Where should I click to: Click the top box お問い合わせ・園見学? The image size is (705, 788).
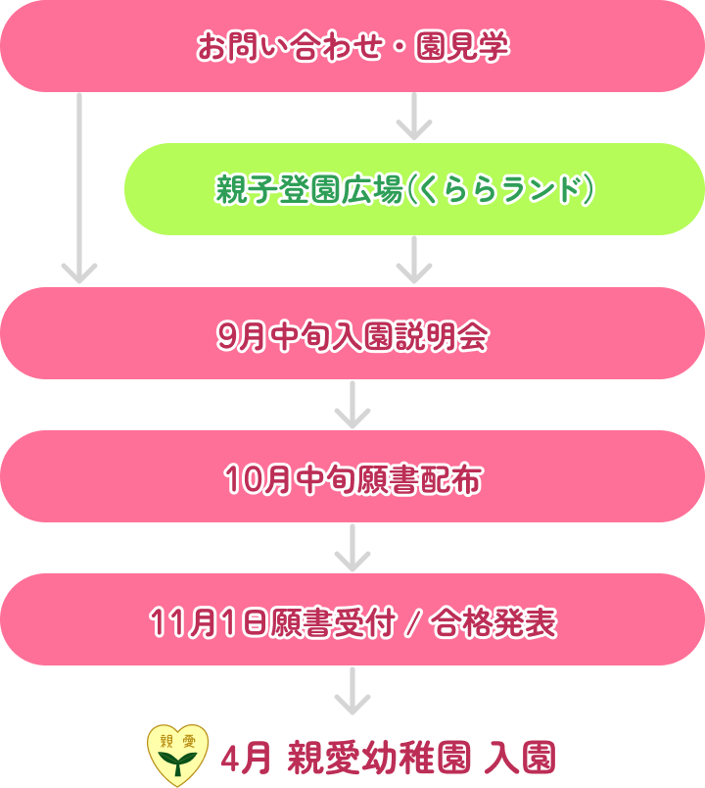tap(352, 46)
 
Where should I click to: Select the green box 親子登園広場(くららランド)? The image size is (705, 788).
tap(413, 189)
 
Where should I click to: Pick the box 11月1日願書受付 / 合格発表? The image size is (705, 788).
tap(352, 620)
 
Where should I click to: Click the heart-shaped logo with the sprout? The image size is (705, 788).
tap(177, 752)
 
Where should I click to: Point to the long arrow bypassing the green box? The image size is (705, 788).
tap(78, 186)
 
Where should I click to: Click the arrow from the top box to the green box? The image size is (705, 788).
tap(414, 118)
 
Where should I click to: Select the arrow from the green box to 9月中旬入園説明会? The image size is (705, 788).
tap(414, 260)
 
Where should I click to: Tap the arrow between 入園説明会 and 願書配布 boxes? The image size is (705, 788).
tap(352, 404)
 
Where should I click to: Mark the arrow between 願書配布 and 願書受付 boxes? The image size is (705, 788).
tap(352, 547)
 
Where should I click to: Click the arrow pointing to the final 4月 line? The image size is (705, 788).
tap(352, 691)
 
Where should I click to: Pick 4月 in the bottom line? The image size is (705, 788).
tap(245, 757)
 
